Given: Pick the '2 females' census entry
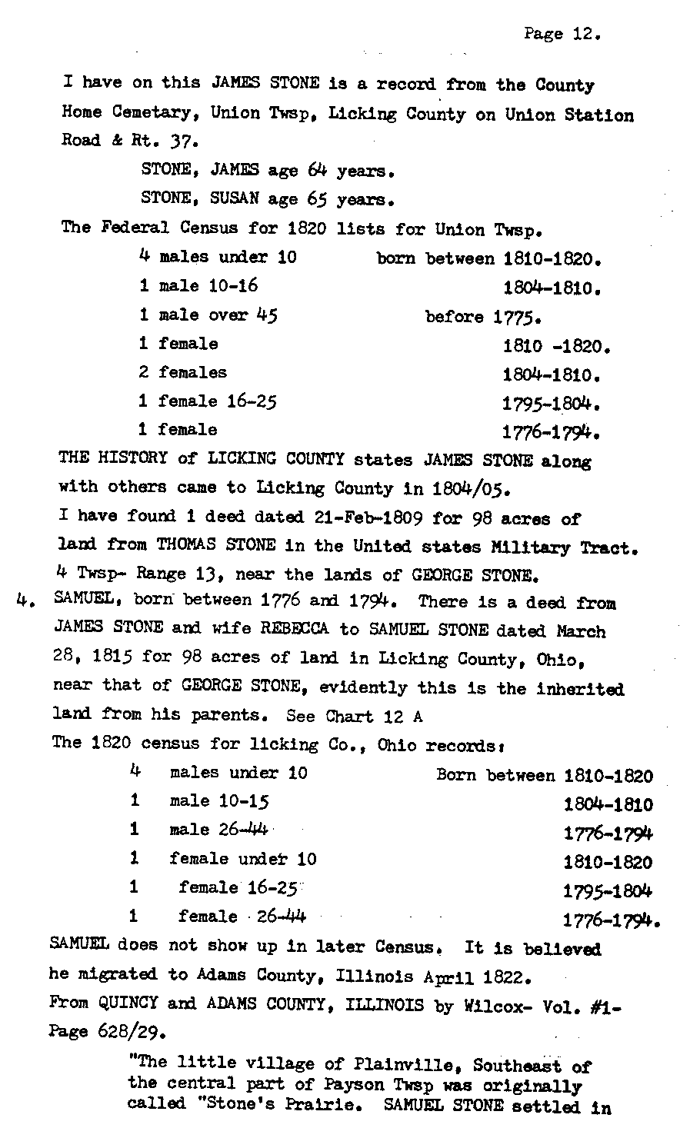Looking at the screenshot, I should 183,373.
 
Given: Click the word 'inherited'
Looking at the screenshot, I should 582,688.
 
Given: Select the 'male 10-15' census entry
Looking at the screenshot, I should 219,801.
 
